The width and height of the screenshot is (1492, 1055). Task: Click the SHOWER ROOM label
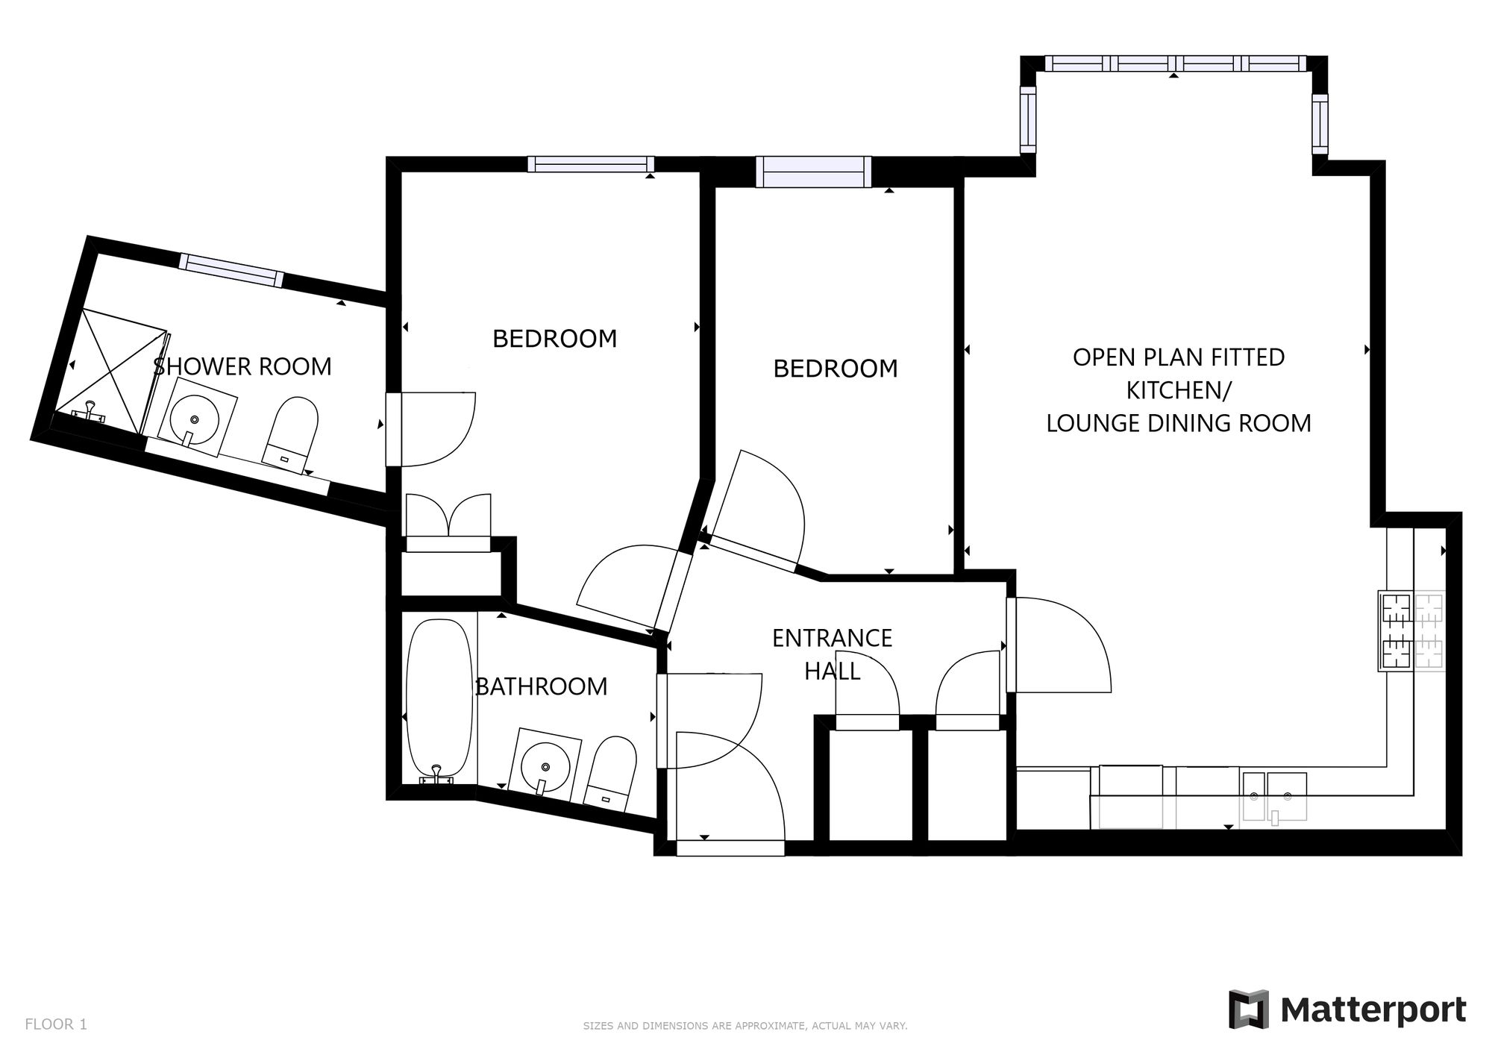[x=242, y=366]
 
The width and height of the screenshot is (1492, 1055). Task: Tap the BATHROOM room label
[x=542, y=686]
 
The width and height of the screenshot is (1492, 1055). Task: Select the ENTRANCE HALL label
[x=832, y=654]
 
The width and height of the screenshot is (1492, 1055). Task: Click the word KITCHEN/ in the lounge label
[x=1179, y=390]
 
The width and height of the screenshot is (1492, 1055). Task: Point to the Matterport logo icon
[x=1249, y=1009]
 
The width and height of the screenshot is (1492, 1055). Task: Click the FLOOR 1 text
[x=56, y=1024]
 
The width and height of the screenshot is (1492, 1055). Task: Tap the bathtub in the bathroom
[x=439, y=698]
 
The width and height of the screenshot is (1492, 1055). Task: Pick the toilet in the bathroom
[x=610, y=774]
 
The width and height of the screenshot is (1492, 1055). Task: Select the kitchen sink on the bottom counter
[x=1274, y=797]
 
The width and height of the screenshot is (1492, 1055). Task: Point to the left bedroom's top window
[x=591, y=164]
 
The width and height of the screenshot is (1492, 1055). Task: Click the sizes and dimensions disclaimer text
[x=745, y=1026]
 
